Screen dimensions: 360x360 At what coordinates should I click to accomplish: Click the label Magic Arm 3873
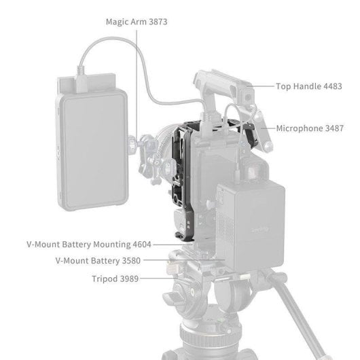[x=137, y=22]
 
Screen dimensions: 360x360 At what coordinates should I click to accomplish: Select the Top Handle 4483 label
[x=308, y=87]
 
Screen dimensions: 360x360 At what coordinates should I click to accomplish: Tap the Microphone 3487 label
[x=310, y=128]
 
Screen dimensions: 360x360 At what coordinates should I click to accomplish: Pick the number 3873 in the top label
[x=156, y=22]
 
